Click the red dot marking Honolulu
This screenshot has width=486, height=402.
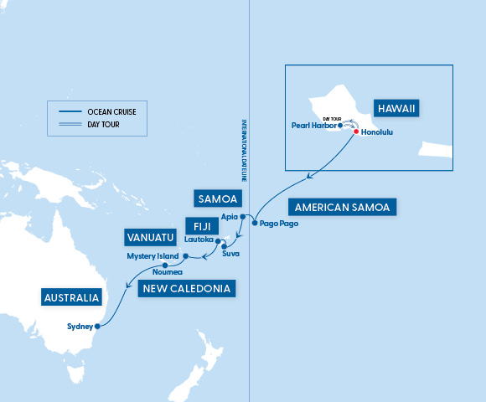(x=356, y=132)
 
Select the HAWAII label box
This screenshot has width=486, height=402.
(x=396, y=110)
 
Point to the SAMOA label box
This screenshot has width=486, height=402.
(x=219, y=198)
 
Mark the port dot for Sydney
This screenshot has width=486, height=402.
(x=97, y=326)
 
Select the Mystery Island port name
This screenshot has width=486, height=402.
(x=152, y=255)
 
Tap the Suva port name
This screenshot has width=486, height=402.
(x=230, y=253)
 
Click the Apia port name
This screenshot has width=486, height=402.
(x=229, y=216)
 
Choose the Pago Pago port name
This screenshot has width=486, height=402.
(x=278, y=224)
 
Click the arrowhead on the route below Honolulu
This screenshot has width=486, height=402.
(x=311, y=176)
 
